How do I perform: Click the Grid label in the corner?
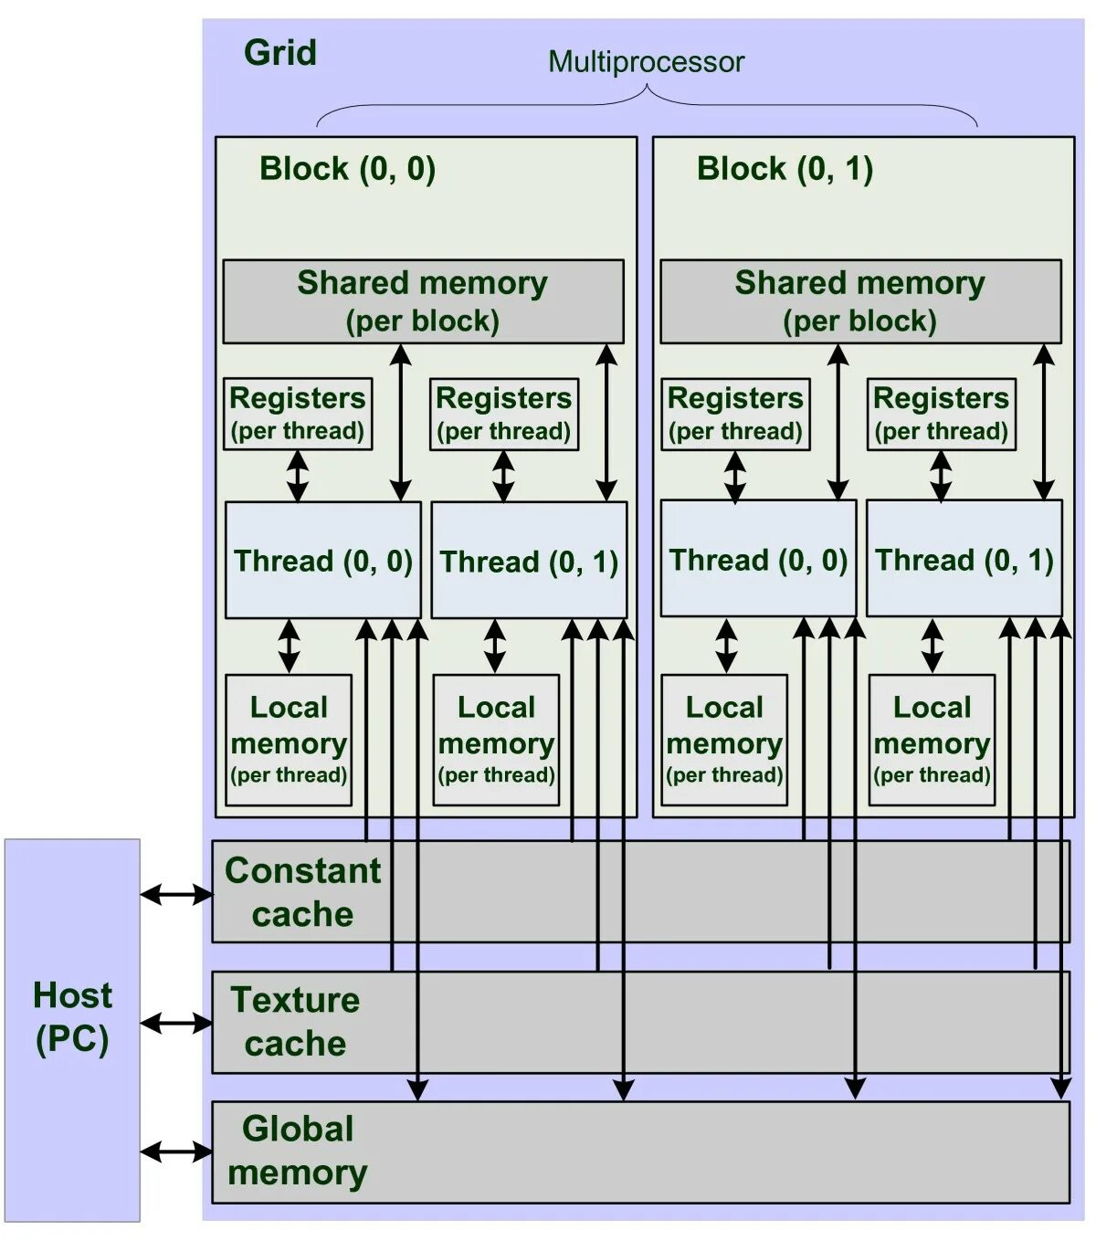pyautogui.click(x=279, y=53)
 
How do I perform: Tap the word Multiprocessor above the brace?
pyautogui.click(x=646, y=62)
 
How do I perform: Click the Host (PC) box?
pyautogui.click(x=72, y=1029)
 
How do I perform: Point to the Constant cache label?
pyautogui.click(x=302, y=892)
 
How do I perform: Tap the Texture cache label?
pyautogui.click(x=295, y=1021)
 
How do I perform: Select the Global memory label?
pyautogui.click(x=298, y=1150)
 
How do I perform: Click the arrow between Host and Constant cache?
pyautogui.click(x=176, y=895)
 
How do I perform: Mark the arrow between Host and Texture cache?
pyautogui.click(x=176, y=1024)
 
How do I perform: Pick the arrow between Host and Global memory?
pyautogui.click(x=176, y=1152)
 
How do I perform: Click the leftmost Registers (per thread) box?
pyautogui.click(x=298, y=414)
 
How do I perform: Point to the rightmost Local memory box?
pyautogui.click(x=932, y=740)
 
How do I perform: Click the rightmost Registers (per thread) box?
pyautogui.click(x=941, y=414)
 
